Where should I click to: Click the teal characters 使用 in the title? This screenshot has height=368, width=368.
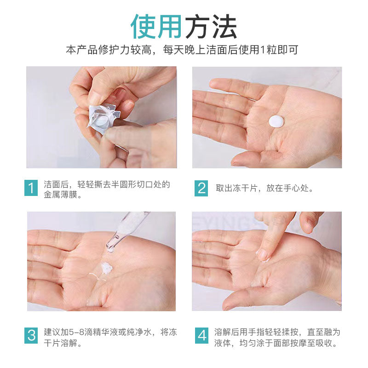[156, 26]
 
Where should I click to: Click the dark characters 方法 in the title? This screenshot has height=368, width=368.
[211, 26]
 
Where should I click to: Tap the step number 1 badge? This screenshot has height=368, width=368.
[31, 189]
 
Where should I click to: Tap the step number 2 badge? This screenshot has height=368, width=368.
[201, 189]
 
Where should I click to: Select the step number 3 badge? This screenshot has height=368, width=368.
[31, 335]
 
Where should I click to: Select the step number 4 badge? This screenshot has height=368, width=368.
[201, 335]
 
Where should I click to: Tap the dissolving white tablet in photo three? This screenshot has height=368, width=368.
[107, 267]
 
